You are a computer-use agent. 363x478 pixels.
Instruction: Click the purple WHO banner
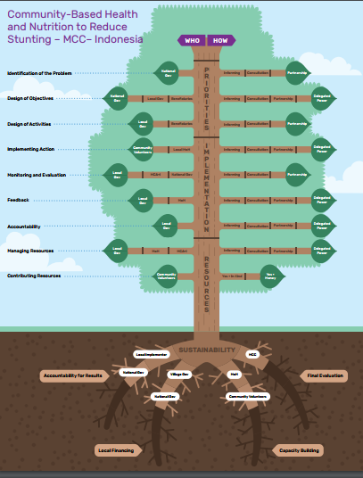pos(193,40)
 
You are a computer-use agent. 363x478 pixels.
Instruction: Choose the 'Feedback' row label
pos(17,201)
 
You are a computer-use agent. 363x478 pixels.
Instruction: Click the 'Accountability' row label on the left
pos(23,227)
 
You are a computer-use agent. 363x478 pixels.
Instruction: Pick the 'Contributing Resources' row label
pos(34,276)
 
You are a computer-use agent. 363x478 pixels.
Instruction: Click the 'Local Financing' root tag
pos(115,450)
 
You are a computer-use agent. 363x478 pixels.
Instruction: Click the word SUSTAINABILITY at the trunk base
pos(206,350)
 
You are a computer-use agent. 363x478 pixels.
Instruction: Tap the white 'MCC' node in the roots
pos(252,354)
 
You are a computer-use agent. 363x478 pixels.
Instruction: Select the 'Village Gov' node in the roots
pos(179,374)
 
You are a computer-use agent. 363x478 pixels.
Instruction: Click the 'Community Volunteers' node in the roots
pos(247,395)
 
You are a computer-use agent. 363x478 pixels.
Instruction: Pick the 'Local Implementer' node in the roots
pos(151,354)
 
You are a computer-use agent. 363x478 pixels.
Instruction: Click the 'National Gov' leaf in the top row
pos(167,72)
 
